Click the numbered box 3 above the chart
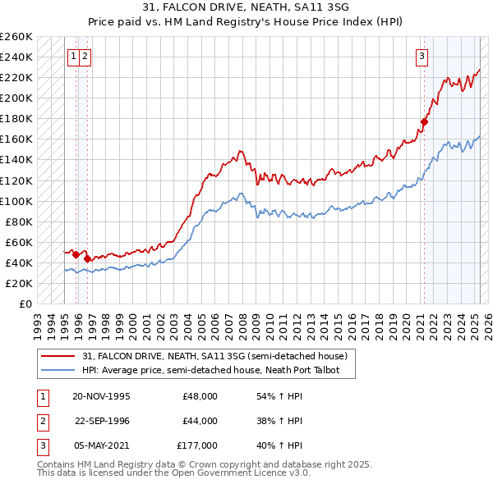tap(422, 57)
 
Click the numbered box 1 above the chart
tap(74, 57)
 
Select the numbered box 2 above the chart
tap(85, 57)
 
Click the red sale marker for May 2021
tap(425, 122)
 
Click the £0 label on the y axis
tap(25, 304)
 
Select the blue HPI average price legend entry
tap(218, 371)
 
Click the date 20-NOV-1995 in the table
tap(101, 396)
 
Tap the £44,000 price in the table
tap(200, 421)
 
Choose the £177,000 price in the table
tap(197, 445)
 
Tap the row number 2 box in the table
tap(42, 421)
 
